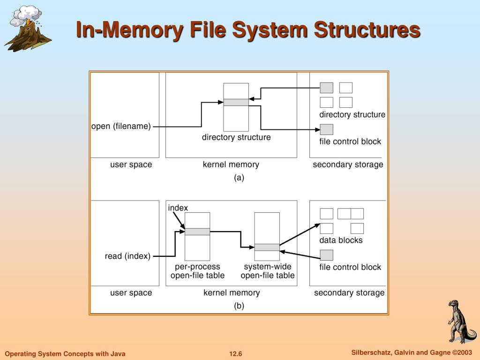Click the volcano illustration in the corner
coord(27,29)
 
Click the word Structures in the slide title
coord(367,30)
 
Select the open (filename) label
coord(121,127)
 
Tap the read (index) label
coord(127,256)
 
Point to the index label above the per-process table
coord(178,208)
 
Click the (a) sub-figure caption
coord(239,178)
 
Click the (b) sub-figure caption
coord(239,306)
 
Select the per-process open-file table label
coord(197,271)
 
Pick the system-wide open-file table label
coord(268,271)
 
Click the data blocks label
coord(341,240)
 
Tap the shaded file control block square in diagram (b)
coord(326,255)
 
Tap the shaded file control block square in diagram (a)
coord(326,129)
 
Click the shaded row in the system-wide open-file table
coord(267,247)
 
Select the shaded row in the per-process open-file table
coord(197,232)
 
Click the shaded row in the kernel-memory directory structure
coord(236,102)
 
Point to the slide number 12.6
coord(236,354)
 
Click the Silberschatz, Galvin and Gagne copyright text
coord(411,352)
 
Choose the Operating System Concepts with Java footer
coord(65,354)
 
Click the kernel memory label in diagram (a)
coord(231,165)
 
